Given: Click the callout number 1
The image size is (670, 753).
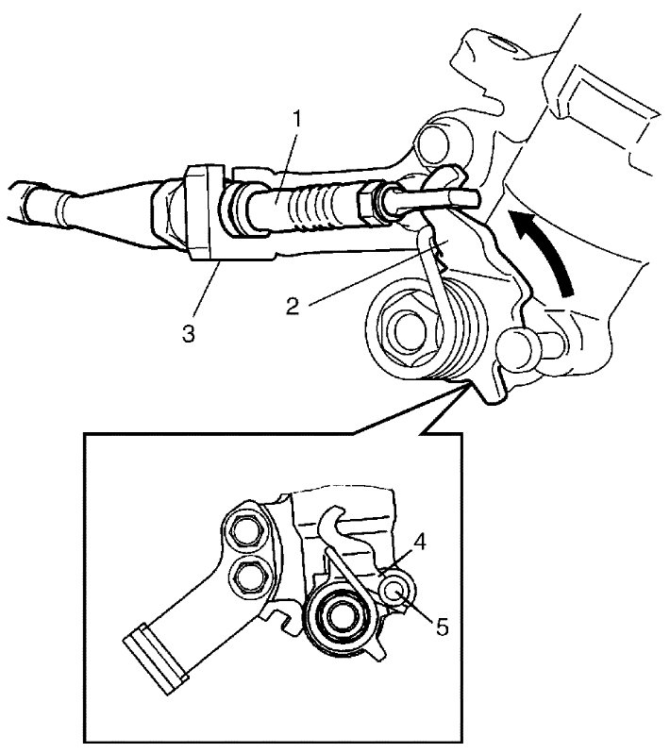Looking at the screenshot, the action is (298, 119).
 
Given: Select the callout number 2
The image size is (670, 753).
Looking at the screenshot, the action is (293, 307).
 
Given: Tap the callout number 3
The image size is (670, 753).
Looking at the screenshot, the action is (189, 333).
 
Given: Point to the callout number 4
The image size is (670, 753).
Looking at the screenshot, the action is (419, 543).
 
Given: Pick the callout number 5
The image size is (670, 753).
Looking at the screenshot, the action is (442, 627).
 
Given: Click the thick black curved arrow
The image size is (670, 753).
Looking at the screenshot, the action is (545, 250).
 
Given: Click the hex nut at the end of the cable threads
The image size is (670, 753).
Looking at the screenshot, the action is (370, 202).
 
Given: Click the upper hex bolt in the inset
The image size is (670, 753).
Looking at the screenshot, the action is (246, 532).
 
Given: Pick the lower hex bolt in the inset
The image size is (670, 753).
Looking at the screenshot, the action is (250, 576).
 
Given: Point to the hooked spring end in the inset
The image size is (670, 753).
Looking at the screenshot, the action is (331, 520).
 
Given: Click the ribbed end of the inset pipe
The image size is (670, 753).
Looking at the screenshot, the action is (154, 659).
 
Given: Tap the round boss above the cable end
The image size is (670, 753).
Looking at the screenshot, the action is (434, 142).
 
